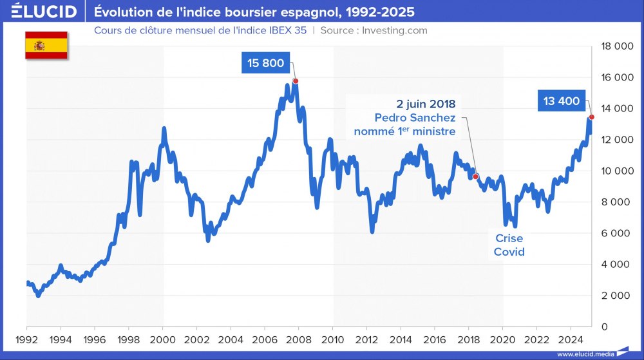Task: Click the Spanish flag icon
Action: point(46,45)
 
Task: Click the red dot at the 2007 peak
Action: point(296,81)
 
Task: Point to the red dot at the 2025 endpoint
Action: point(591,117)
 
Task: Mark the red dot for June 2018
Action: point(476,176)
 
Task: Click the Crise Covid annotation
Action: point(509,245)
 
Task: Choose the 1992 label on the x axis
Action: point(26,339)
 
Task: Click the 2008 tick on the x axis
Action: point(299,339)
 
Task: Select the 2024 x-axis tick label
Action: point(571,339)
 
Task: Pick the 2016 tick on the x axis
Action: point(435,339)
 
